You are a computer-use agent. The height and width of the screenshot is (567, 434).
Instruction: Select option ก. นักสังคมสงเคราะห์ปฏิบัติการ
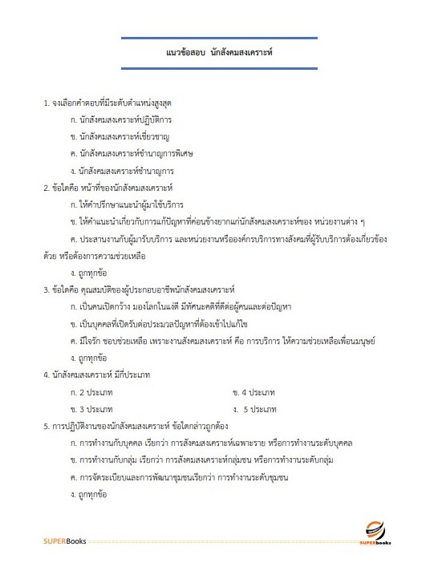[121, 119]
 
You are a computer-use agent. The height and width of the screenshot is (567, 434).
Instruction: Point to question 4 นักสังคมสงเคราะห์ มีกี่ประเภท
[100, 374]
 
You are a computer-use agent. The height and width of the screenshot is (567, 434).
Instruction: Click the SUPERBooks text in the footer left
[65, 541]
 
